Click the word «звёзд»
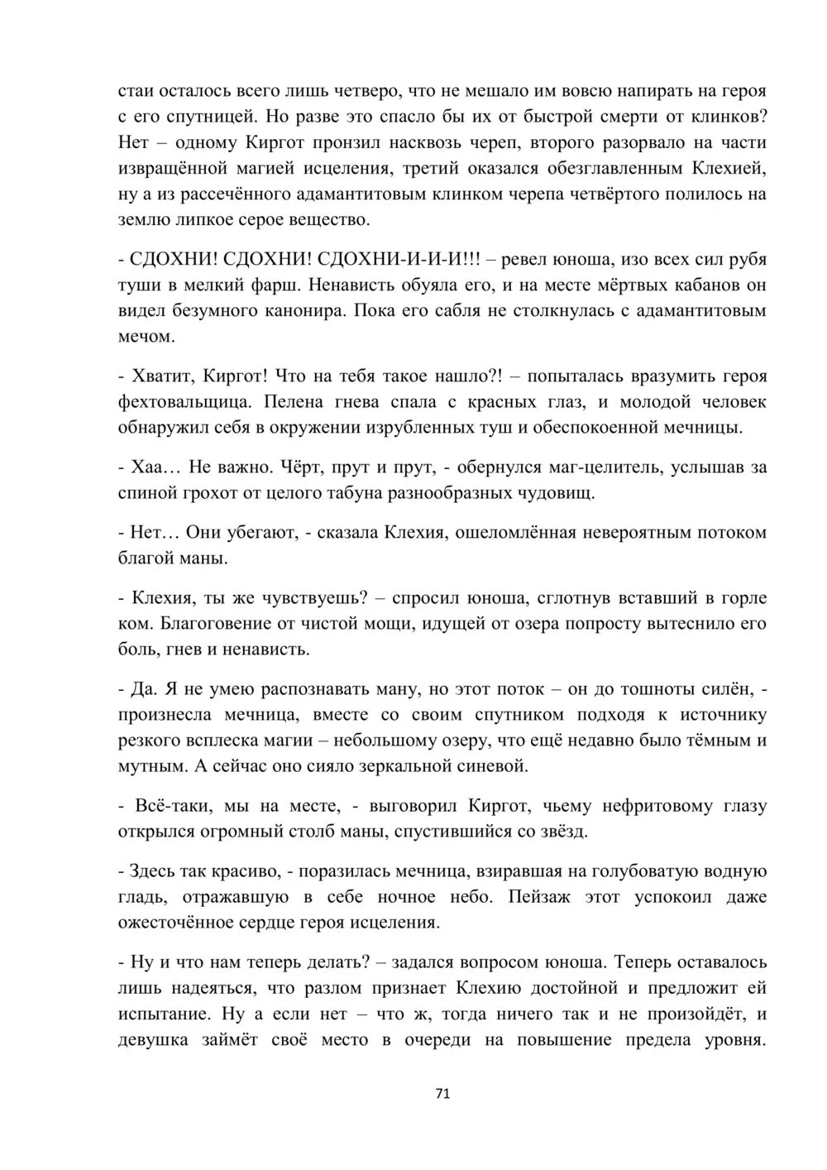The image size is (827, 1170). click(x=560, y=831)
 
